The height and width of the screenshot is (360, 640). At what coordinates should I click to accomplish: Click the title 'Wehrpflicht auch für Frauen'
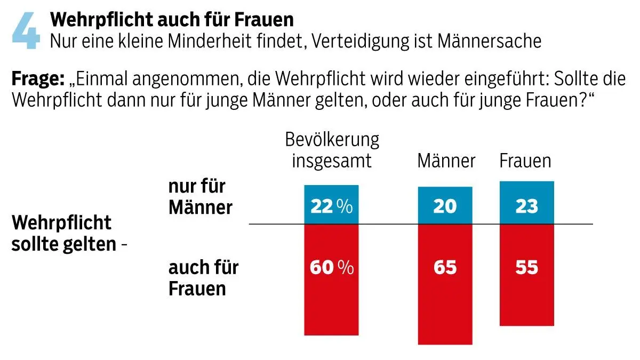coord(171,20)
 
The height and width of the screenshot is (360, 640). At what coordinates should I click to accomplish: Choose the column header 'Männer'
coord(446,161)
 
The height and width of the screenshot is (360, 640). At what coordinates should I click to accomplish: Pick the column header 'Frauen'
coord(525,161)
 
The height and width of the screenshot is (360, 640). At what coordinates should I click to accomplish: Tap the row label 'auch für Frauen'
coord(203,278)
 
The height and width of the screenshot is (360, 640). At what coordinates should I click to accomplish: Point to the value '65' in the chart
coord(445,267)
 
